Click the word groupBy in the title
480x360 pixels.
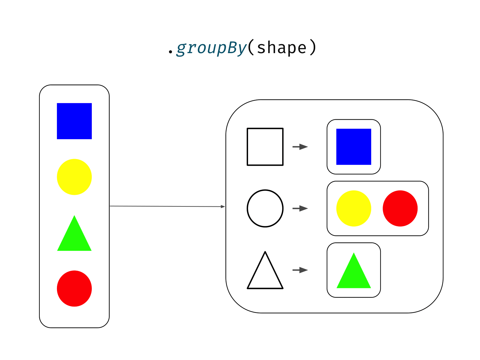[x=211, y=48]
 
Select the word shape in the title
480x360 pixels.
[x=282, y=48]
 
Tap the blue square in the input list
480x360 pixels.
[x=74, y=121]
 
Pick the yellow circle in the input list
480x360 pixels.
[x=74, y=177]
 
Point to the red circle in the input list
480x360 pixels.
[x=74, y=288]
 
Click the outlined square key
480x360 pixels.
[x=265, y=147]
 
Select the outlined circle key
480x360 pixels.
[x=265, y=208]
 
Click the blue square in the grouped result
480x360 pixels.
[x=354, y=147]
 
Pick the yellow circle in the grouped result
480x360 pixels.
[x=354, y=208]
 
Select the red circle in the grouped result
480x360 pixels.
[x=400, y=208]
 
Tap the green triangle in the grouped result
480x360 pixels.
[x=354, y=274]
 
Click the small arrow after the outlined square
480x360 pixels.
[x=300, y=147]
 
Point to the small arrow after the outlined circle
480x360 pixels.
[x=300, y=208]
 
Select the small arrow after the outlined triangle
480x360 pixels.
[x=300, y=270]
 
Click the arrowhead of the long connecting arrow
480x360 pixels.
[x=223, y=207]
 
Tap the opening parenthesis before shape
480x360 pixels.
[x=251, y=48]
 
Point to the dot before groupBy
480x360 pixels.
[x=170, y=52]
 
